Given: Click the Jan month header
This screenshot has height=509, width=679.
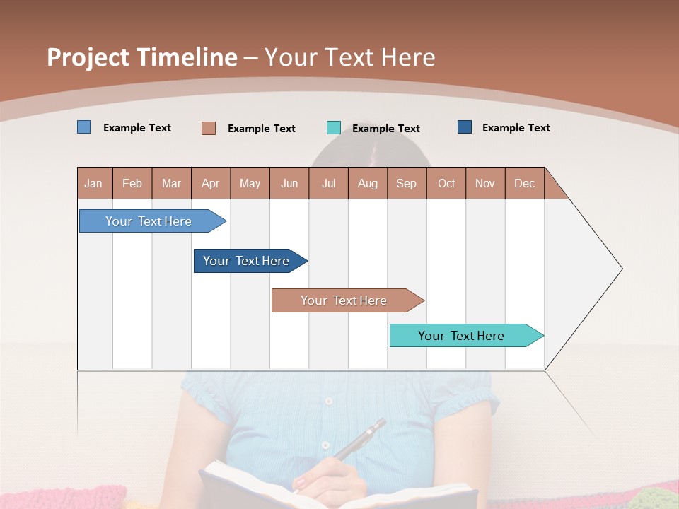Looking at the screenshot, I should point(94,183).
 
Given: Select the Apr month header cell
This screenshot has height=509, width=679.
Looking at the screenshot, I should point(211,183).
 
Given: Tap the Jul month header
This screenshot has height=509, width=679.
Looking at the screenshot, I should point(328,183).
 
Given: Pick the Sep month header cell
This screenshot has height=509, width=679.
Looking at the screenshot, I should point(407,183).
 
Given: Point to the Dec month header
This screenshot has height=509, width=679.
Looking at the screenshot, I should point(524,183).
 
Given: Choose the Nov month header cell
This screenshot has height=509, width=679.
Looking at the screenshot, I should point(485,183).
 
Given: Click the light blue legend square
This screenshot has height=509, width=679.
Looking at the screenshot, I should point(83,127).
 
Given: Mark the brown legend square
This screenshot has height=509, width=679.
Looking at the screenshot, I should point(208,128).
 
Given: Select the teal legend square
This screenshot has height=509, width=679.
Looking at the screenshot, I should point(333,128).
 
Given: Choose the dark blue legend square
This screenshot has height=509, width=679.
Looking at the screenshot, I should point(465,127).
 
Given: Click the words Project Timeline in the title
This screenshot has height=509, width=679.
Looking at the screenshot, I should point(141,57).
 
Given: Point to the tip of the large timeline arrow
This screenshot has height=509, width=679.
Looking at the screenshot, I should point(620,269).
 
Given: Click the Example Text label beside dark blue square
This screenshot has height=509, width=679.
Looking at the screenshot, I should point(516,128).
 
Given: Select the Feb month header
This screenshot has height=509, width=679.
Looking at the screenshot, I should point(132,183).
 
